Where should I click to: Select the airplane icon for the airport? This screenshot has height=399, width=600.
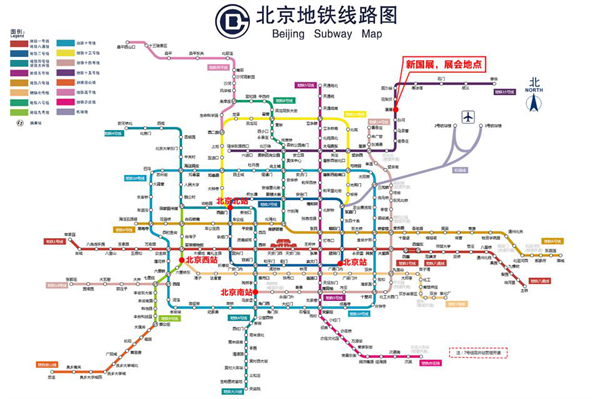click(x=468, y=118)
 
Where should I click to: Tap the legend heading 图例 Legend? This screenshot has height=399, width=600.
click(x=17, y=32)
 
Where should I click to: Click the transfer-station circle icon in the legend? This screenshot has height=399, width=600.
click(x=17, y=123)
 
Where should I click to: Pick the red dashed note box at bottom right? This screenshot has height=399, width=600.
click(x=476, y=352)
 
